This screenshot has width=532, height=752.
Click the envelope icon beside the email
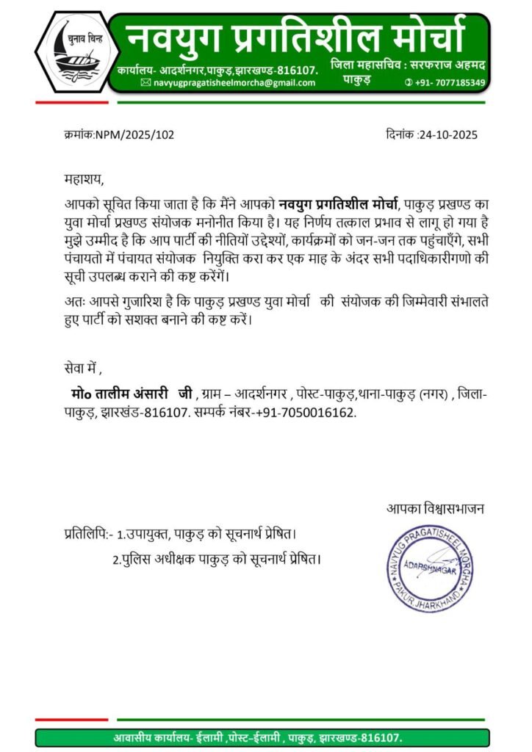pyautogui.click(x=145, y=83)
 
